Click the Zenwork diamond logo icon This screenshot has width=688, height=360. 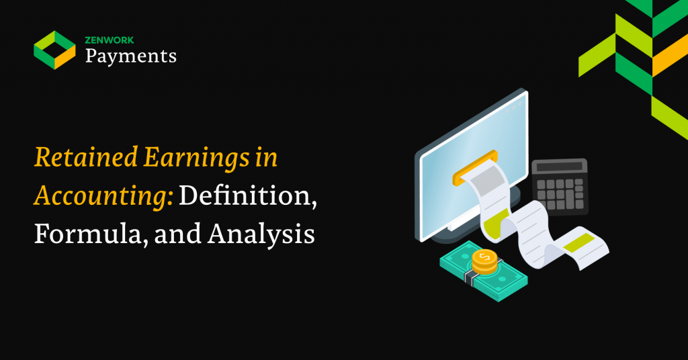pos(55,50)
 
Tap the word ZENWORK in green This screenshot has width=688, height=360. pos(110,40)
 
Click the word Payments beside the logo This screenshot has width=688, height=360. pos(131,56)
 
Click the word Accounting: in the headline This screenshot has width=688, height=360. pos(103,196)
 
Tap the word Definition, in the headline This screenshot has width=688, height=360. pos(247,195)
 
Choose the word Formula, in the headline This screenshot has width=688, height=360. pos(91,234)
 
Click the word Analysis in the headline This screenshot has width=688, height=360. pos(261,234)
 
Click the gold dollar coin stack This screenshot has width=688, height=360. pos(484,262)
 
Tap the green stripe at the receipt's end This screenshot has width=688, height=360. pos(578,242)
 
